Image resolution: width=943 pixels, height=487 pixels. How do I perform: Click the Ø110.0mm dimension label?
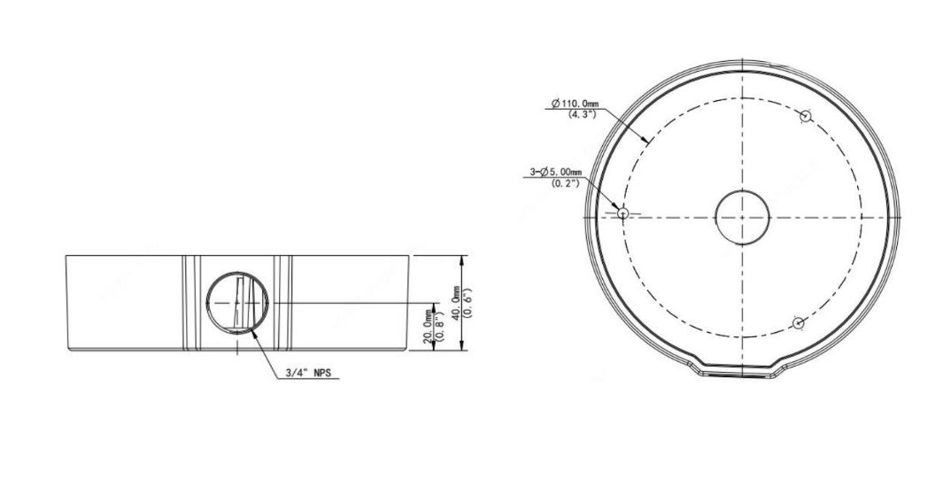tap(575, 104)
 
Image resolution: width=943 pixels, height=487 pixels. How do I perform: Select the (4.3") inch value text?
tap(582, 113)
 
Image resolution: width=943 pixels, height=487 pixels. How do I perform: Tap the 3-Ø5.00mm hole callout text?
tap(557, 173)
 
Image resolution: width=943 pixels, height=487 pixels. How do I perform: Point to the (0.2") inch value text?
tap(565, 183)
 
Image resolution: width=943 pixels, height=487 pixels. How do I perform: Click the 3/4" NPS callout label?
tap(308, 373)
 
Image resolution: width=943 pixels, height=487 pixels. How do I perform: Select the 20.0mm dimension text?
tap(428, 327)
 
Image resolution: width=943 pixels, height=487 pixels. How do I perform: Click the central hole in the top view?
tap(742, 217)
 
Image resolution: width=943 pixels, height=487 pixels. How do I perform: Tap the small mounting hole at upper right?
tap(806, 116)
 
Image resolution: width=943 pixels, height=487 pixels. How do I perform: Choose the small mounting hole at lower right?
tap(798, 323)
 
